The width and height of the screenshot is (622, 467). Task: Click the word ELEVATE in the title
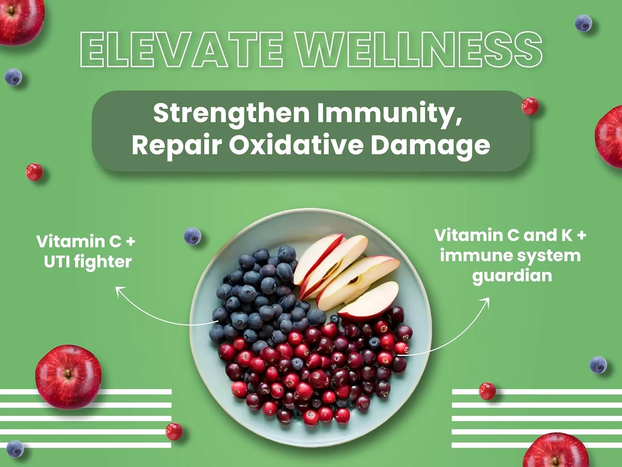point(182,49)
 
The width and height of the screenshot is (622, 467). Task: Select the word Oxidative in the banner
point(296,145)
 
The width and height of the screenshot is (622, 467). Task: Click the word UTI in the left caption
point(56,262)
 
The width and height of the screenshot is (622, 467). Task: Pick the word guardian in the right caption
point(512,276)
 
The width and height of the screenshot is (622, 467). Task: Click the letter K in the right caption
point(566,236)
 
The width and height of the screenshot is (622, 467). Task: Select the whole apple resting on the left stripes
point(68,377)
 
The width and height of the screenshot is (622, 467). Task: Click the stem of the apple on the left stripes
point(68,373)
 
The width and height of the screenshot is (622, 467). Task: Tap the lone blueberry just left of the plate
point(192,236)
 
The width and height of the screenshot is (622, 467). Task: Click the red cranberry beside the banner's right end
point(530,106)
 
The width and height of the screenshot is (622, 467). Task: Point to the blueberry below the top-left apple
point(13,77)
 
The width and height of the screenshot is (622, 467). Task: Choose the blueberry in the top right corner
point(583,23)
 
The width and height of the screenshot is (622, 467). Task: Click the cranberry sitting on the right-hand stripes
point(487,391)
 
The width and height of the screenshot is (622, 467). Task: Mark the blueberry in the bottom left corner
point(15,449)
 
